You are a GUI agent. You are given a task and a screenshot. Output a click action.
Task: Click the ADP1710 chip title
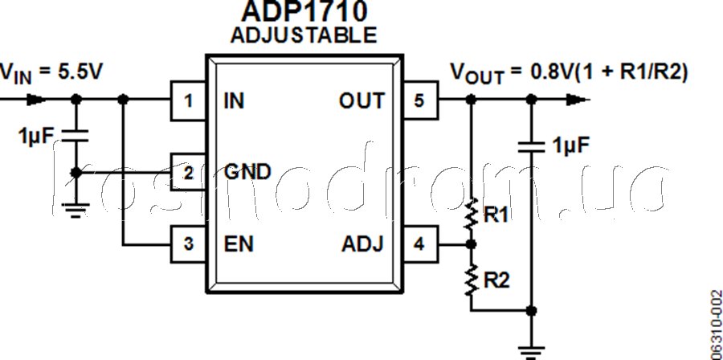click(303, 11)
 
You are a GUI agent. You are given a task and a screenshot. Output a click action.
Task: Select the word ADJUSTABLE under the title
click(303, 35)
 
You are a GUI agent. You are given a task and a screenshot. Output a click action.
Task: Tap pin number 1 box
click(188, 100)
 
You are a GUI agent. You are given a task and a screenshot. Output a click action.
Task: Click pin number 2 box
click(188, 172)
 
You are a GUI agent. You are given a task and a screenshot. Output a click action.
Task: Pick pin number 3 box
click(188, 243)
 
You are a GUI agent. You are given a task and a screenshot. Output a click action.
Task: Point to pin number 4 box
click(419, 243)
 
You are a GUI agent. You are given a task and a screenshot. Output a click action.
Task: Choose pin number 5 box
click(419, 100)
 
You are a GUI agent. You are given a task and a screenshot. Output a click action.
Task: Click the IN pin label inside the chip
click(235, 100)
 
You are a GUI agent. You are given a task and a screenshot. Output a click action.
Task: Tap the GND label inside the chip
click(247, 172)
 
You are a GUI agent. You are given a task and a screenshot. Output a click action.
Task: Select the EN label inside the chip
click(239, 243)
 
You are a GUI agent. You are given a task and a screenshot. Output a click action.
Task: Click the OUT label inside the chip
click(361, 100)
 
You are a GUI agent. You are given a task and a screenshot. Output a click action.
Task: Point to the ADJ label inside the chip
click(362, 243)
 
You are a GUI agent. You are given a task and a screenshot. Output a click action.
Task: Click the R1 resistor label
click(495, 215)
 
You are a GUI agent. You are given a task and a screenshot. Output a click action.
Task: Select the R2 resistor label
click(495, 280)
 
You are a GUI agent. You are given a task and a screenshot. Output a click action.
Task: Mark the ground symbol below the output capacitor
click(529, 350)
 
